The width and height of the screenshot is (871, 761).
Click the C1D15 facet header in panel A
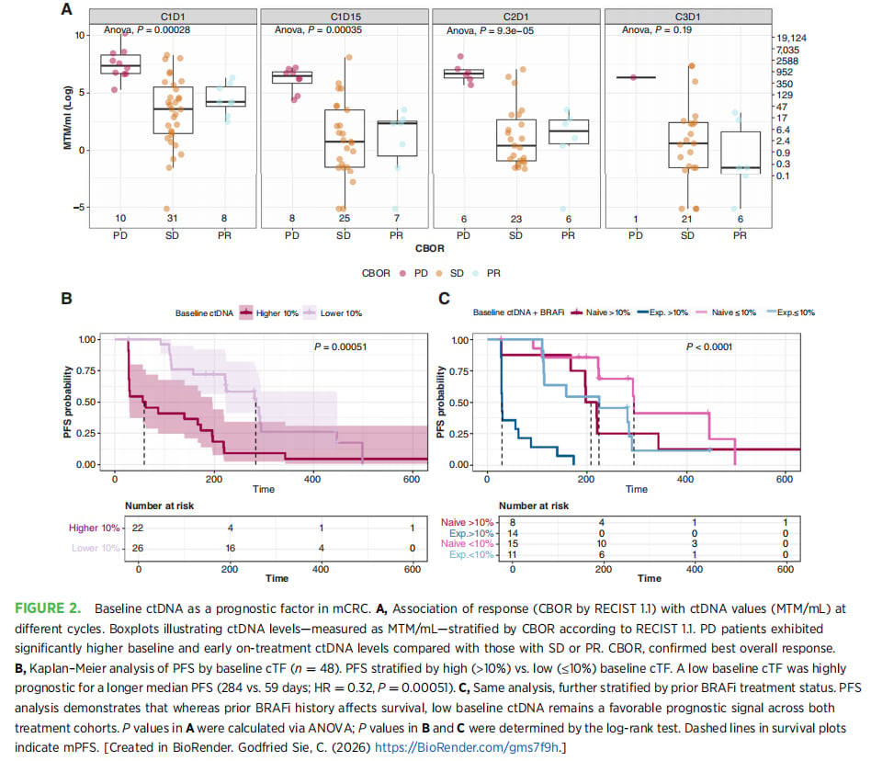345,17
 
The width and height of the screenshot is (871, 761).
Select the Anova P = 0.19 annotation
657,30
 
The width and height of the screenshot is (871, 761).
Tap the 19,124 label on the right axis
791,38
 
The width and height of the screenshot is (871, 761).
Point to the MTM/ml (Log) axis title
68,118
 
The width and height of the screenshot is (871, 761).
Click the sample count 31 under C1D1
172,219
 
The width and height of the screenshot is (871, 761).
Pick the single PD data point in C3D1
633,77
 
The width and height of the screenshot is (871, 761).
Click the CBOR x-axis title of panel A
429,248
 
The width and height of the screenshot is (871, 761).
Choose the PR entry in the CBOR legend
487,273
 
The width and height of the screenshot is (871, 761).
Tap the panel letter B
66,299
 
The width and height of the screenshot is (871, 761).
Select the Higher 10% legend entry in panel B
269,313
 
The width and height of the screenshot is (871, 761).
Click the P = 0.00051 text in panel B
341,346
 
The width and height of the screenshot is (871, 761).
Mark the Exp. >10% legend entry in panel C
662,312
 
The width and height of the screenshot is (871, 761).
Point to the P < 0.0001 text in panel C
708,346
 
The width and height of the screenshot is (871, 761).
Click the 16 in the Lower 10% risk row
230,549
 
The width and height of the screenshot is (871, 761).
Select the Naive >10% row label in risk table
467,522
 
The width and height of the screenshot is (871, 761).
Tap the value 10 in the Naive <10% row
601,544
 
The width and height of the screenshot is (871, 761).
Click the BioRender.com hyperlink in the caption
466,747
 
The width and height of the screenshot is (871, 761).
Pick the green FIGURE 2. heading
48,608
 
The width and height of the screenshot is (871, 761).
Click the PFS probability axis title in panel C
440,402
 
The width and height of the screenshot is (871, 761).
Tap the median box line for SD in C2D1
516,145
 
